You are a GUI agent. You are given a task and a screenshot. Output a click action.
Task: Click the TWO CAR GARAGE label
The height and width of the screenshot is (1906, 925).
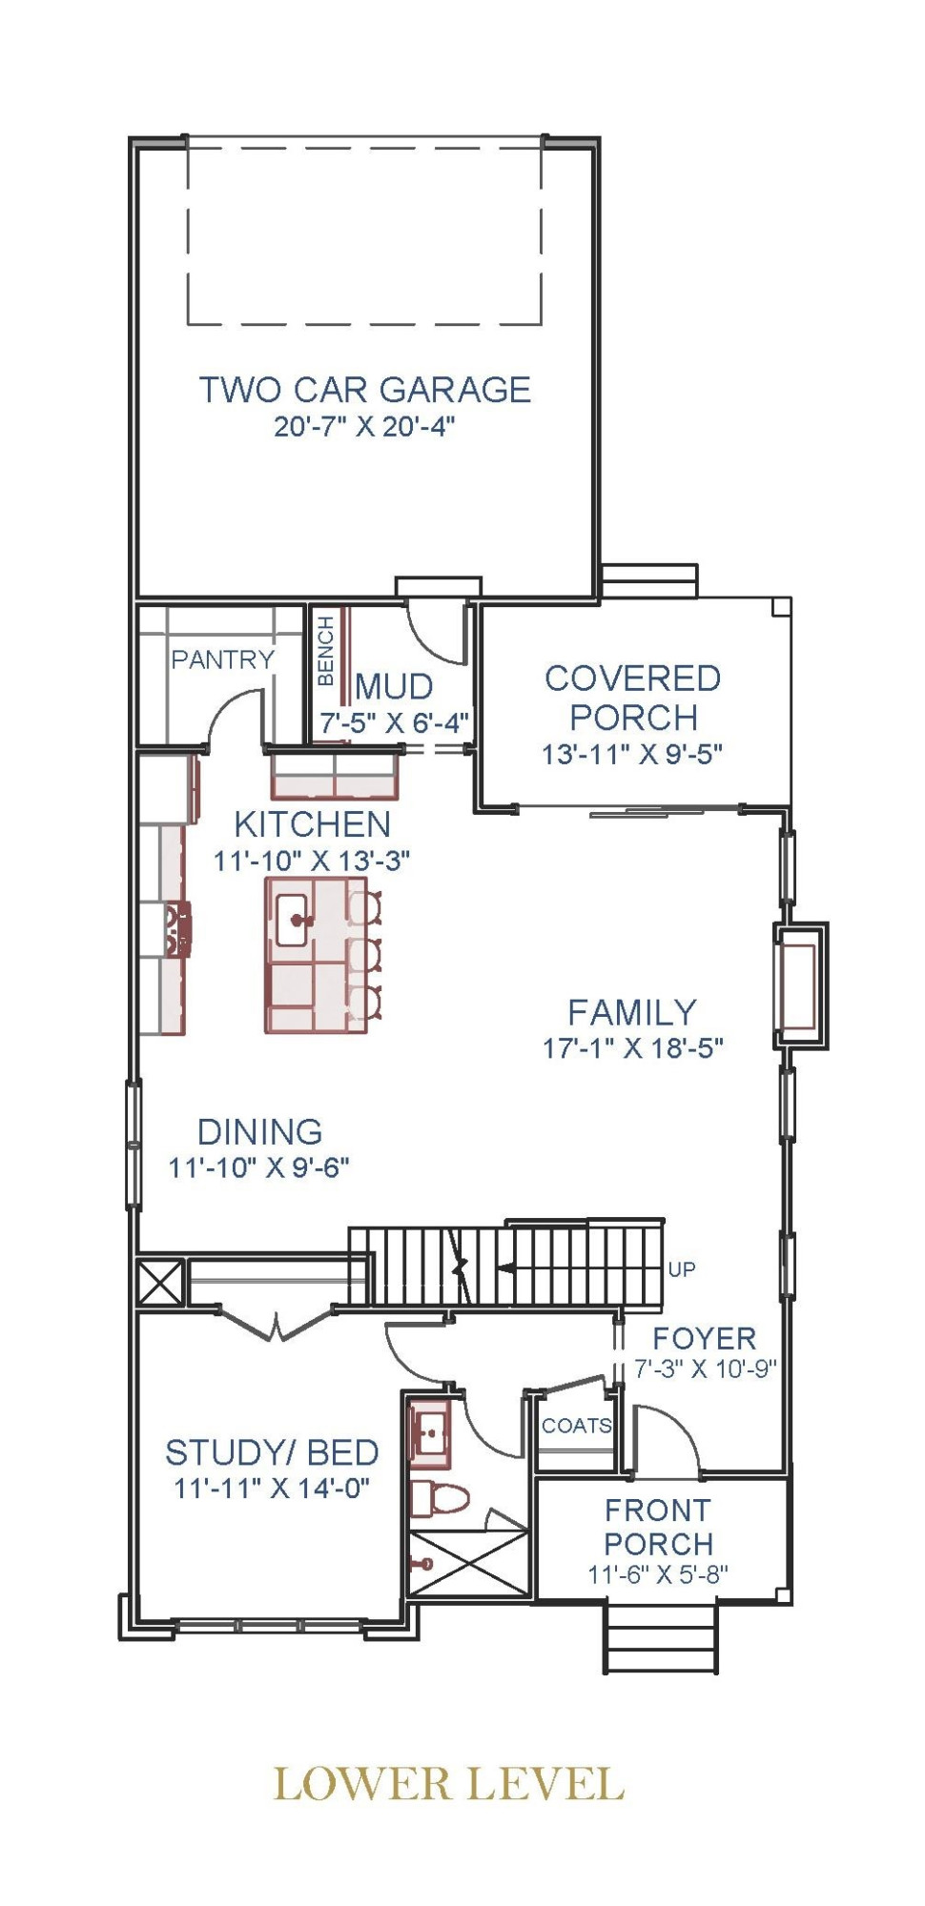click(x=365, y=390)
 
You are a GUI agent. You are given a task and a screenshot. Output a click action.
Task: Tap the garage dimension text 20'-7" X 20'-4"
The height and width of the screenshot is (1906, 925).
click(x=365, y=426)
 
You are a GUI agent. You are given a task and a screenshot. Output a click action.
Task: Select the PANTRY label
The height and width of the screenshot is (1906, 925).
click(x=222, y=659)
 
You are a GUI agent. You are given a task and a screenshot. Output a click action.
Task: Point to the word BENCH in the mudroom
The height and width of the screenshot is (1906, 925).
click(x=325, y=651)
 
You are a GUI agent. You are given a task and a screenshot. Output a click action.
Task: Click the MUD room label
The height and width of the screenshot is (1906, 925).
click(x=394, y=686)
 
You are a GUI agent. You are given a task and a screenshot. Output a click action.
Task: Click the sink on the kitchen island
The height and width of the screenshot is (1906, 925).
click(x=294, y=921)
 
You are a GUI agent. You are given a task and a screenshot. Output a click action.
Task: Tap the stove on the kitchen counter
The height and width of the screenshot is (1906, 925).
click(x=178, y=929)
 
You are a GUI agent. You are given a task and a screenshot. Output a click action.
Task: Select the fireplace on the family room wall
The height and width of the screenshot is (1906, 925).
click(x=800, y=985)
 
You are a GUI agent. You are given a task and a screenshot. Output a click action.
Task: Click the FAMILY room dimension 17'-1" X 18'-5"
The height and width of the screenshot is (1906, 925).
click(x=633, y=1048)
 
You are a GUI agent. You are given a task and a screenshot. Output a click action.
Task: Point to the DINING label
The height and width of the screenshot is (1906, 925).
click(x=259, y=1131)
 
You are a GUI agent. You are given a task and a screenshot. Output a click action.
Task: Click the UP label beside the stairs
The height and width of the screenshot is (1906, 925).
click(x=682, y=1269)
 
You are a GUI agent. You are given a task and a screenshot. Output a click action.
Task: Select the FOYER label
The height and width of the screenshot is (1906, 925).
click(x=704, y=1338)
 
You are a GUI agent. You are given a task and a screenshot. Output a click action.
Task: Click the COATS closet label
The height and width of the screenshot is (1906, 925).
click(x=577, y=1426)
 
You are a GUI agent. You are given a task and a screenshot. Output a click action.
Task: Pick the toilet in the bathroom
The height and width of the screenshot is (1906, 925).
click(x=440, y=1499)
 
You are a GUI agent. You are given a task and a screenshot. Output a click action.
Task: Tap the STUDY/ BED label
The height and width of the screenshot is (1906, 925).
click(x=272, y=1452)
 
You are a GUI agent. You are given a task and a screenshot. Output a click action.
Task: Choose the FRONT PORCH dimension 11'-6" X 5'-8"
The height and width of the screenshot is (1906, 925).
click(x=658, y=1574)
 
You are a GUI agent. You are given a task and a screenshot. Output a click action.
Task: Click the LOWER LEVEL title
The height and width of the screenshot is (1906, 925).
click(x=449, y=1784)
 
